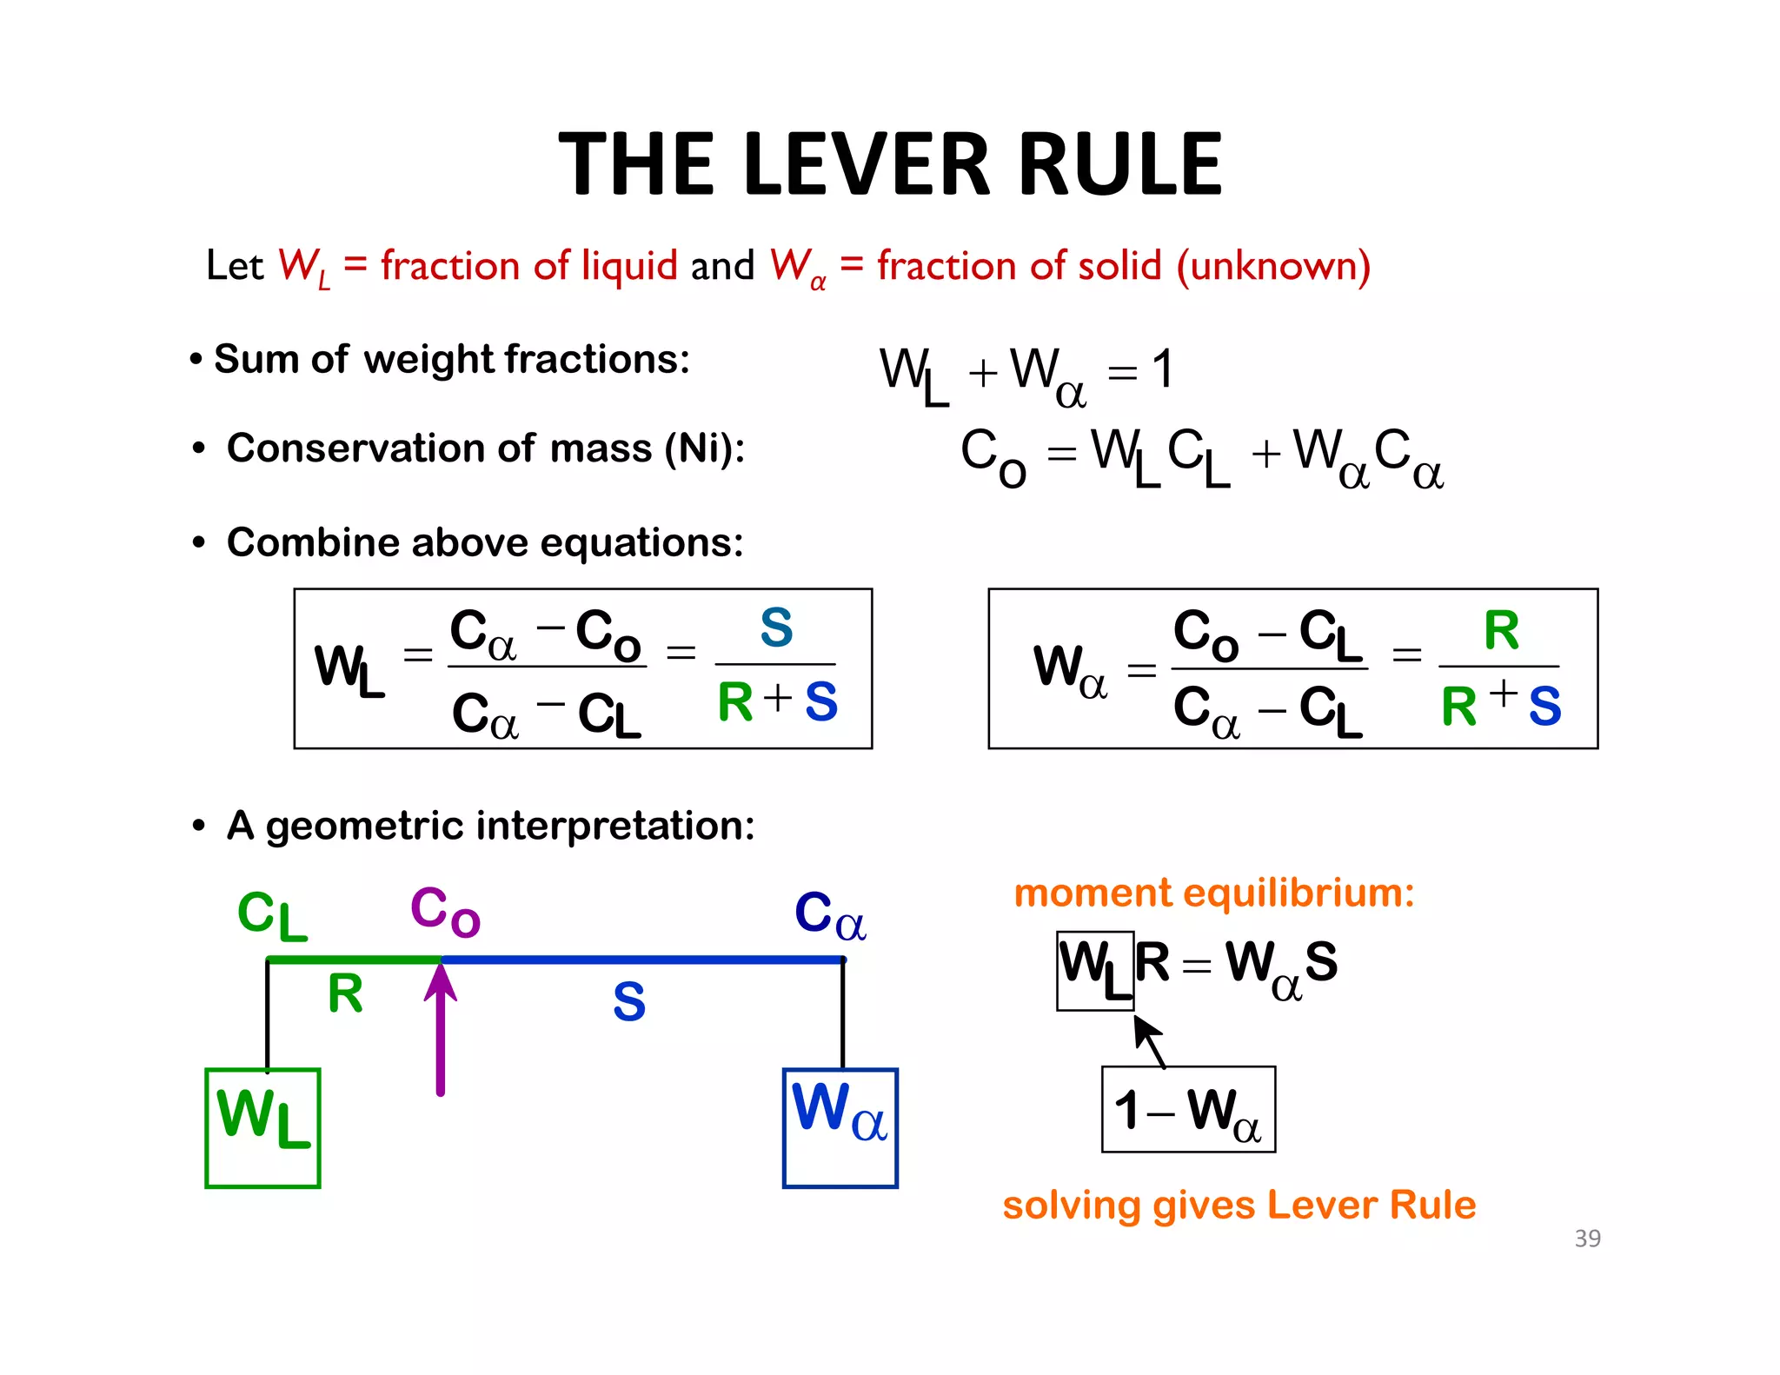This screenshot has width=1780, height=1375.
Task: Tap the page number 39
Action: [x=1587, y=1238]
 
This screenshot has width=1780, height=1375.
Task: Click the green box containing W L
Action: [x=262, y=1127]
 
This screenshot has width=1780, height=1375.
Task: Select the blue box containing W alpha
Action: [x=840, y=1127]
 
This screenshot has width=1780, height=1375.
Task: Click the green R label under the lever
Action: [x=345, y=993]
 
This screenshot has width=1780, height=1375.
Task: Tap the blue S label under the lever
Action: [x=628, y=1002]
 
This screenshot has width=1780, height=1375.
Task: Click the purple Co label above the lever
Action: [x=444, y=912]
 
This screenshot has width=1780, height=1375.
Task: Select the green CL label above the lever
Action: [x=272, y=915]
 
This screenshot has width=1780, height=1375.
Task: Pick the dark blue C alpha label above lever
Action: [x=829, y=915]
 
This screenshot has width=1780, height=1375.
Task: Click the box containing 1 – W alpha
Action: [x=1188, y=1109]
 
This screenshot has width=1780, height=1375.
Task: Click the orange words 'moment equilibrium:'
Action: [x=1214, y=893]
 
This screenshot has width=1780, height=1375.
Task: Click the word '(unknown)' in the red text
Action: [x=1273, y=266]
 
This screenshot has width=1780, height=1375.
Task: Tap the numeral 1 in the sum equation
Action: [x=1163, y=369]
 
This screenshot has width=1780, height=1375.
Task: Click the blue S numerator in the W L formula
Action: [x=776, y=627]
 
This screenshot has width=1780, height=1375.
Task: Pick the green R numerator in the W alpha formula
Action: [x=1501, y=630]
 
